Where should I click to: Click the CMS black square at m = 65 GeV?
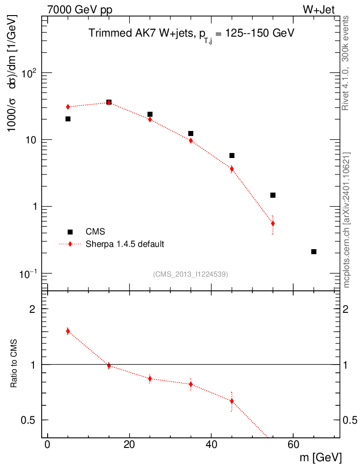click(x=314, y=251)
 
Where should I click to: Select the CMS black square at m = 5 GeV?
click(x=68, y=119)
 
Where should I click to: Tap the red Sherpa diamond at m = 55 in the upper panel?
click(x=273, y=224)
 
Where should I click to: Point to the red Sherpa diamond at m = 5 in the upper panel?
click(x=68, y=107)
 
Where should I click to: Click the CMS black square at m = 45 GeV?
click(x=232, y=155)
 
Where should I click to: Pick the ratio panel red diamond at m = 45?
click(x=232, y=401)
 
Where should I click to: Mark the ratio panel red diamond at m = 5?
click(x=68, y=331)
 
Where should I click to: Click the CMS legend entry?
click(x=96, y=232)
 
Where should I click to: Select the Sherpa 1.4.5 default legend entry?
click(x=125, y=244)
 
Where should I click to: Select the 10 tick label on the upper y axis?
click(x=33, y=140)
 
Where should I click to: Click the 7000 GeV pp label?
click(x=80, y=10)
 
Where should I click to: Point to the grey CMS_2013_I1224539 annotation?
click(x=191, y=274)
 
